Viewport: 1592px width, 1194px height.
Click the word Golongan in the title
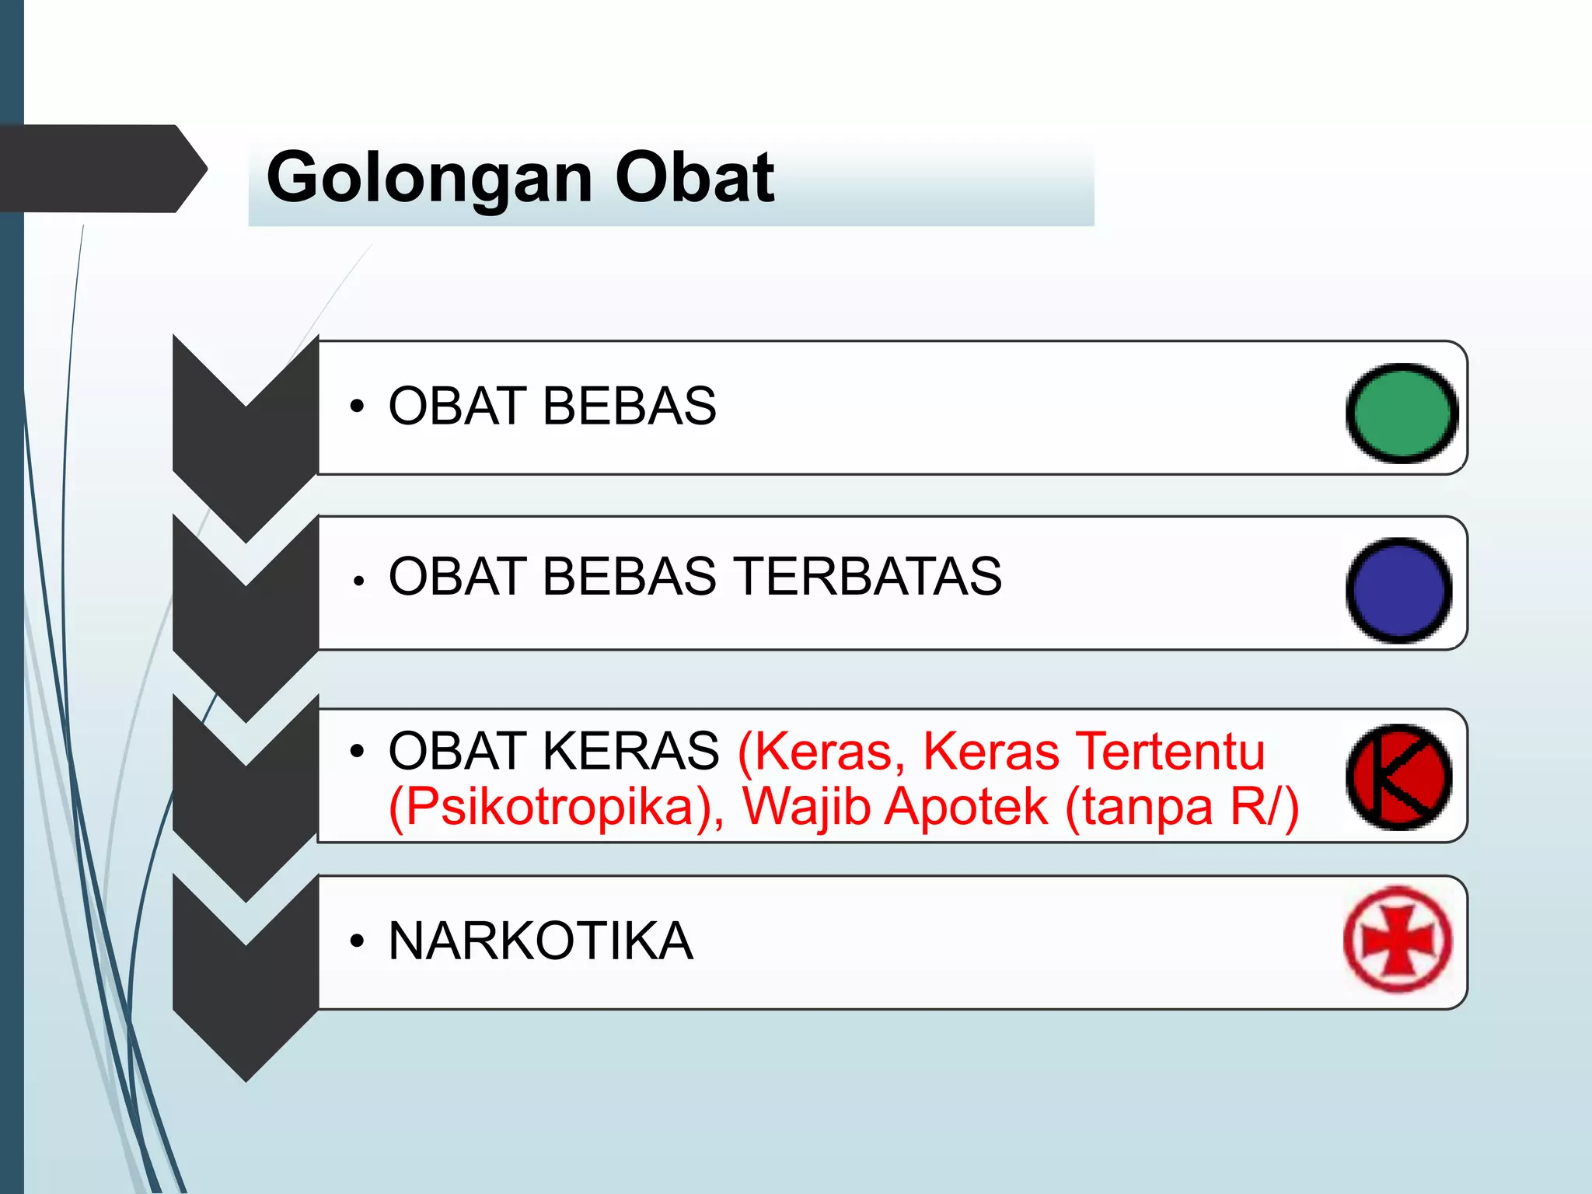coord(432,179)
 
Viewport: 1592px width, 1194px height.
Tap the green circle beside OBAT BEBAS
coord(1402,413)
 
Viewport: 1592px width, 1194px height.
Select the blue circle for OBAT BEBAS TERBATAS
coord(1398,590)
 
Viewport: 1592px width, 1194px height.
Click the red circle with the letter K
coord(1398,777)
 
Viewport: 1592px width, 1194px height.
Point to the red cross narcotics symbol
coord(1398,939)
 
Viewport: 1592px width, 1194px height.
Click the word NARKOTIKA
coord(540,941)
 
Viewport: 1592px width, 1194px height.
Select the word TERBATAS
coord(868,577)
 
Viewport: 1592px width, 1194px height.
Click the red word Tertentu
coord(1173,752)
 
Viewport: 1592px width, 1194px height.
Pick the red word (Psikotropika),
coord(556,807)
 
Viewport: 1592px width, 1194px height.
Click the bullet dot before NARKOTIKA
coord(357,941)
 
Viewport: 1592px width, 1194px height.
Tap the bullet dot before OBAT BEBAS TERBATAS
coord(358,580)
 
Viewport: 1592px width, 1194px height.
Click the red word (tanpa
coord(1139,807)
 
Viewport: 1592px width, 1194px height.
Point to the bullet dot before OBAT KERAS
coord(357,752)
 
